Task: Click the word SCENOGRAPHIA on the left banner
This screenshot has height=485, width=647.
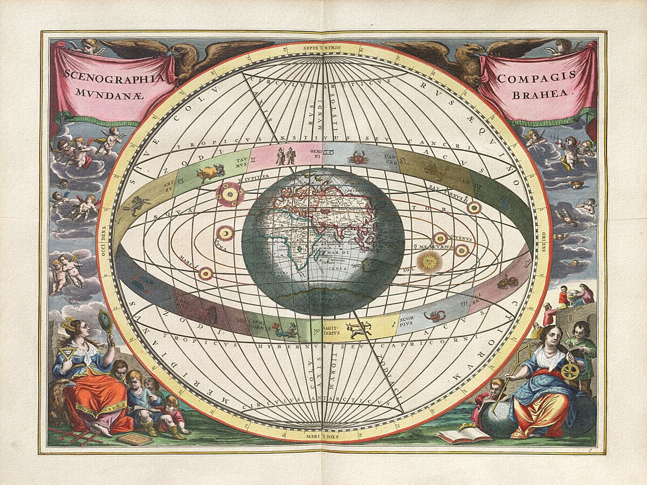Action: tap(113, 75)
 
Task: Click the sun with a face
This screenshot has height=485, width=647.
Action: tap(429, 262)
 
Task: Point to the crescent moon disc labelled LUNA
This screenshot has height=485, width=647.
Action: tap(225, 233)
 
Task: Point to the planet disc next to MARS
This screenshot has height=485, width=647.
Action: tap(205, 274)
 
